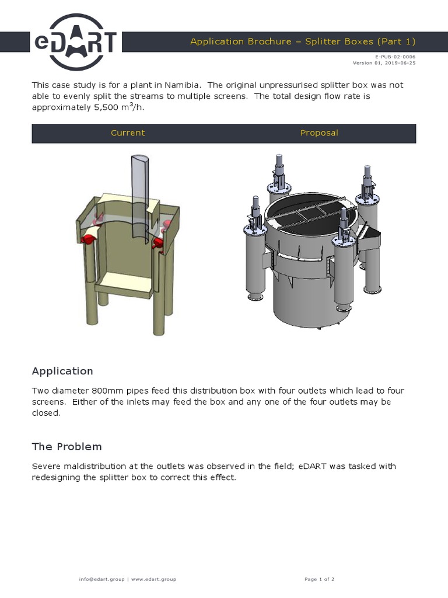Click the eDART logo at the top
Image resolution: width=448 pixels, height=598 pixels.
pyautogui.click(x=75, y=42)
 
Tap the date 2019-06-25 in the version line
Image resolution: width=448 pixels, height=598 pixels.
pyautogui.click(x=401, y=63)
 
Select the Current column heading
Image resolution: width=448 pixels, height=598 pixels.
pyautogui.click(x=128, y=133)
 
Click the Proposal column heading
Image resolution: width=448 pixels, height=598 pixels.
pyautogui.click(x=319, y=133)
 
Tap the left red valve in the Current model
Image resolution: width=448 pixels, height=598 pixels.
pyautogui.click(x=89, y=238)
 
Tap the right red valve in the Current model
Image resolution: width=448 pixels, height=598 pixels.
pyautogui.click(x=157, y=241)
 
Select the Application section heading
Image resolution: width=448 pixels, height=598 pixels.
pyautogui.click(x=62, y=371)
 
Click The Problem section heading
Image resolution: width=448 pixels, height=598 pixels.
pyautogui.click(x=66, y=447)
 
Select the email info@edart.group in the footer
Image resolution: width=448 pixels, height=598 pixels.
pyautogui.click(x=101, y=579)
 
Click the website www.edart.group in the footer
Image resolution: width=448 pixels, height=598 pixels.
pyautogui.click(x=153, y=579)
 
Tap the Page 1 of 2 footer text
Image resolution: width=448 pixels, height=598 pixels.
pyautogui.click(x=319, y=579)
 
